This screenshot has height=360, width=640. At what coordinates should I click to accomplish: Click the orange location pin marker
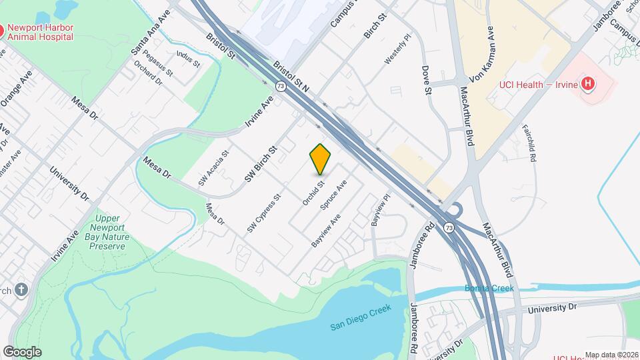click(321, 159)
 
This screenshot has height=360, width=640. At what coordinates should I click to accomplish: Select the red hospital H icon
click(587, 83)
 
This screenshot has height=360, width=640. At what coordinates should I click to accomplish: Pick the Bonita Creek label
click(489, 288)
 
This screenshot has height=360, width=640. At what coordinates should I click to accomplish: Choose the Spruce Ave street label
click(334, 196)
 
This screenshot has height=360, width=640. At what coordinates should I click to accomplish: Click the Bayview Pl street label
click(379, 212)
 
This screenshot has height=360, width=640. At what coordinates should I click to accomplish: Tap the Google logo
click(22, 351)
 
